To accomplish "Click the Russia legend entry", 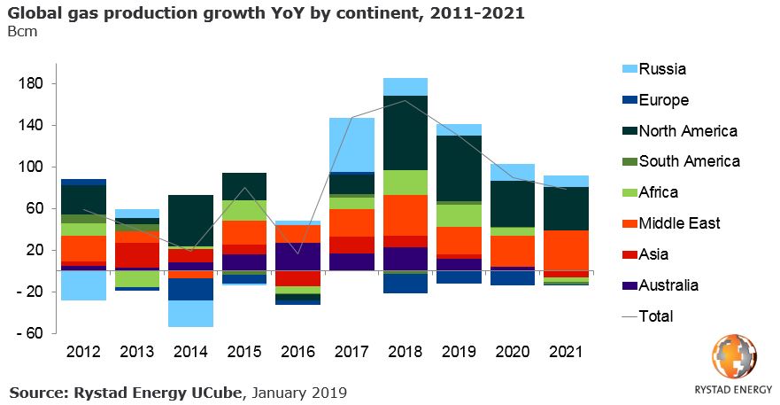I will coord(662,69).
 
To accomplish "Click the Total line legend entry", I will coord(655,316).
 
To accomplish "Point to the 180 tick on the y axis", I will coord(35,83).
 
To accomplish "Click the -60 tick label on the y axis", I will coord(35,333).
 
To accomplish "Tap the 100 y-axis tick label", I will coord(35,167).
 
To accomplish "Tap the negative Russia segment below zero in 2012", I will coord(83,285).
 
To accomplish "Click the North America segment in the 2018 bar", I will coord(405,132).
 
